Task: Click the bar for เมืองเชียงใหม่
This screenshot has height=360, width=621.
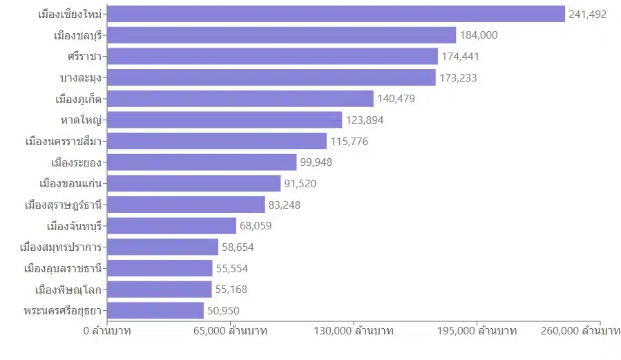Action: click(336, 14)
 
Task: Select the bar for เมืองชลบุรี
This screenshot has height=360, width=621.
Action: click(282, 35)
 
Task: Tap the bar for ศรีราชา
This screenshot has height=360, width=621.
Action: click(273, 56)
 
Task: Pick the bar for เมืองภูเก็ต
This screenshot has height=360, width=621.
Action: click(240, 99)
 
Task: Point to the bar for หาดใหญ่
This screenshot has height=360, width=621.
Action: click(224, 120)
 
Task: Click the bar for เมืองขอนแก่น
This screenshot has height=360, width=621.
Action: click(194, 183)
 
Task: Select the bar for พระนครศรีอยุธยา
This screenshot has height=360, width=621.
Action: click(155, 310)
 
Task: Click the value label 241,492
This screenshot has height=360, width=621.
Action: click(587, 14)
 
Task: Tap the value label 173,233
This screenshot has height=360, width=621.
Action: click(458, 77)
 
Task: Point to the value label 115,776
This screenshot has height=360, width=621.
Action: click(349, 141)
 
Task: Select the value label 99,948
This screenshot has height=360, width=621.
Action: click(317, 162)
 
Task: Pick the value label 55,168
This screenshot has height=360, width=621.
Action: click(231, 290)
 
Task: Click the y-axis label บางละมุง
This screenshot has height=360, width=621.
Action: click(81, 77)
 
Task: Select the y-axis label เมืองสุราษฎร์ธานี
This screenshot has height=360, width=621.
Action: click(63, 205)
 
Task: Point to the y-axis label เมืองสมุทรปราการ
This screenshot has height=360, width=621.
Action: click(61, 247)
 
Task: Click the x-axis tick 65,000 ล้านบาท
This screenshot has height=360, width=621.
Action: click(231, 331)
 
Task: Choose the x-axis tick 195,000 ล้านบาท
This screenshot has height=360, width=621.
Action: click(477, 331)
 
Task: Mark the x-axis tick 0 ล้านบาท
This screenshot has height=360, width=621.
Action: click(107, 331)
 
